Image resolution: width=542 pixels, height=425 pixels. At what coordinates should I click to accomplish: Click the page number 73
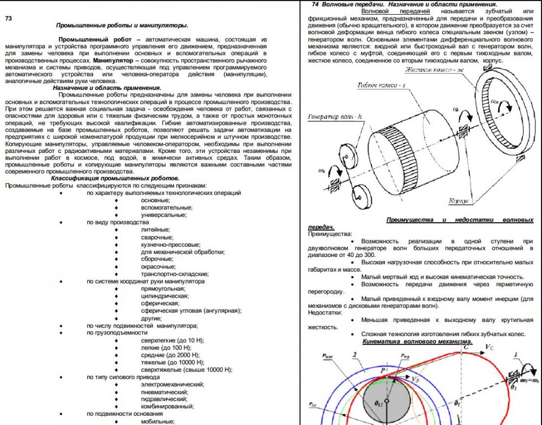(x=9, y=18)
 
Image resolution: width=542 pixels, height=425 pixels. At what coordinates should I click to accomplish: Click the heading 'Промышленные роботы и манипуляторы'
(x=122, y=25)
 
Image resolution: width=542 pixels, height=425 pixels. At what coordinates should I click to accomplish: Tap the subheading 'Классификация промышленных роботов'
(x=115, y=178)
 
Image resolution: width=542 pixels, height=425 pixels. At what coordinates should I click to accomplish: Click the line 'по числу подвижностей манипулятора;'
(x=142, y=325)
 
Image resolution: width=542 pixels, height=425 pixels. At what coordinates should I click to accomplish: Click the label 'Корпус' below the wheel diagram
(x=460, y=201)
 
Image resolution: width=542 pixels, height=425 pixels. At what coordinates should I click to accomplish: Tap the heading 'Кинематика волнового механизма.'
(x=417, y=342)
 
